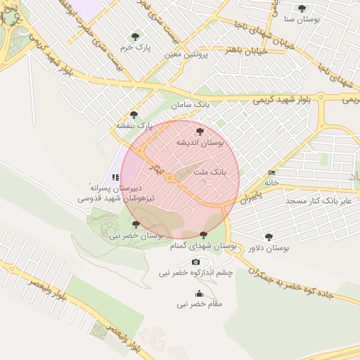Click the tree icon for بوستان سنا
pyautogui.click(x=302, y=9)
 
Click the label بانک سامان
pyautogui.click(x=191, y=104)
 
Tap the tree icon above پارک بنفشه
pyautogui.click(x=134, y=115)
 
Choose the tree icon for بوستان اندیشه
pyautogui.click(x=199, y=131)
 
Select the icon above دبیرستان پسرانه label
pyautogui.click(x=115, y=177)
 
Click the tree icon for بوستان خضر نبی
pyautogui.click(x=136, y=224)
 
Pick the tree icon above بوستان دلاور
pyautogui.click(x=268, y=237)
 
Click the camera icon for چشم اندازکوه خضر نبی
pyautogui.click(x=195, y=262)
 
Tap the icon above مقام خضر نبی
pyautogui.click(x=199, y=293)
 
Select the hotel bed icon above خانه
pyautogui.click(x=272, y=173)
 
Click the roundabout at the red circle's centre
pyautogui.click(x=169, y=179)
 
